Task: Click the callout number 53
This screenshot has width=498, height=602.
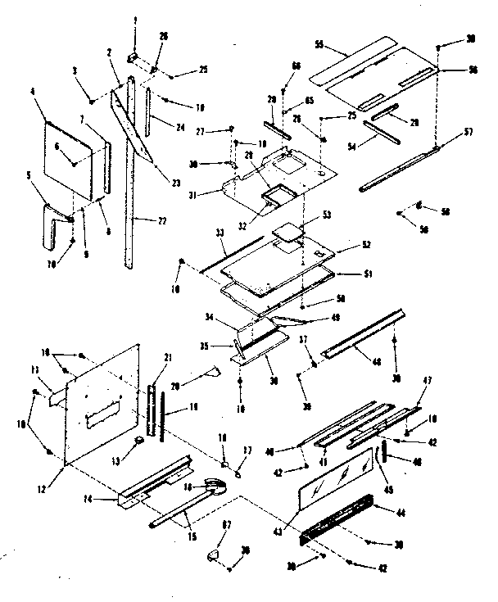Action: point(305,214)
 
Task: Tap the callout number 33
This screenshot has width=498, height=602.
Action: point(197,233)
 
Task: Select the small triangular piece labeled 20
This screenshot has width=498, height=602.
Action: point(215,373)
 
